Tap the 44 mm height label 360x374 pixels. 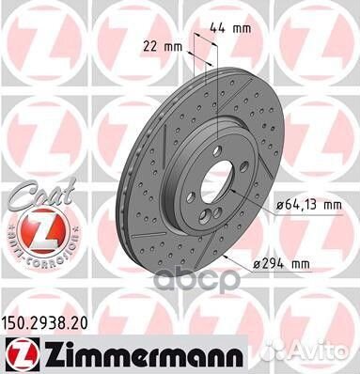[228, 29]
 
